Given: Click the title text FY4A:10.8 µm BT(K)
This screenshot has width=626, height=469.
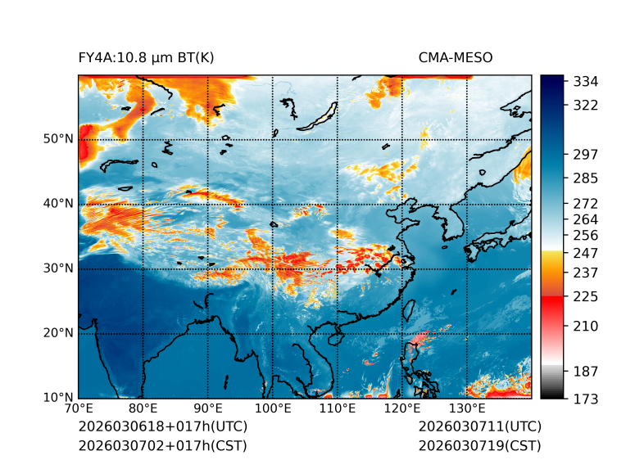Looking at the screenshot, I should [x=147, y=57].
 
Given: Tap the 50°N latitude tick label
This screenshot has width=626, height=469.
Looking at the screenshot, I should [x=58, y=139].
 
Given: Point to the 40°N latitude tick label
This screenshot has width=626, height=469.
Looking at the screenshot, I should [x=58, y=204].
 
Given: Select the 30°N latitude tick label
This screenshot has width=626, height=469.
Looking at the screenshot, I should [x=58, y=268].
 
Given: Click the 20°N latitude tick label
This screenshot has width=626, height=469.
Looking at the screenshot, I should [x=58, y=333].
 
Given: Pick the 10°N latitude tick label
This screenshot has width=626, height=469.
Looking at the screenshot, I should [x=58, y=399].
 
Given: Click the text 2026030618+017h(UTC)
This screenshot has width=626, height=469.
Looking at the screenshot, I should [x=163, y=427].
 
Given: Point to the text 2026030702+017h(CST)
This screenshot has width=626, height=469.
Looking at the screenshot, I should [x=162, y=446].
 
